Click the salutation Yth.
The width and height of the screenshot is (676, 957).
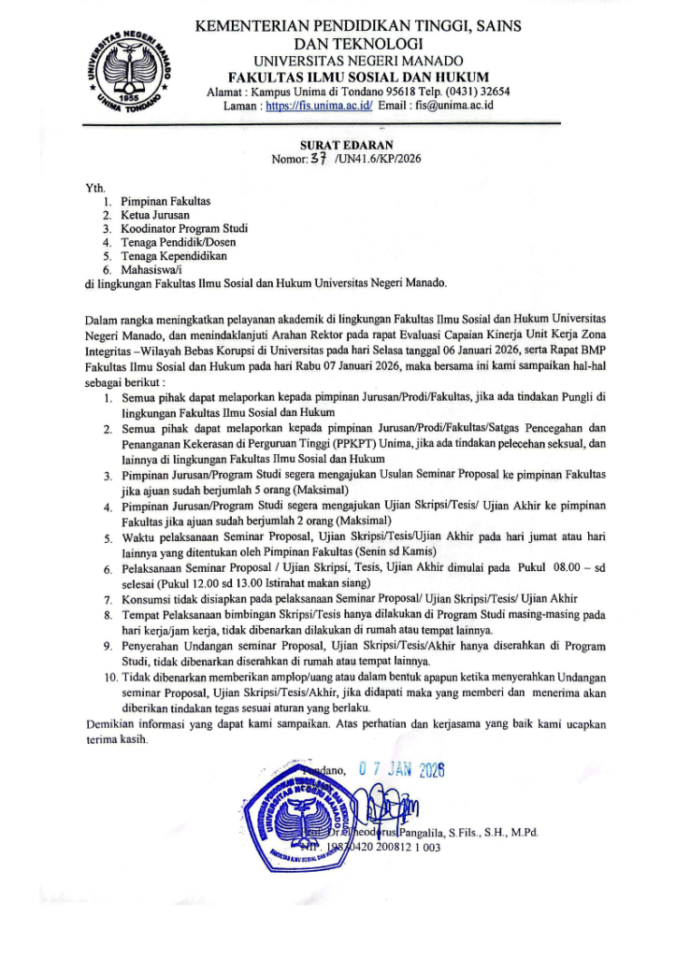[93, 187]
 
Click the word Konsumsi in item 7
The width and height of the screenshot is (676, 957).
[149, 598]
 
